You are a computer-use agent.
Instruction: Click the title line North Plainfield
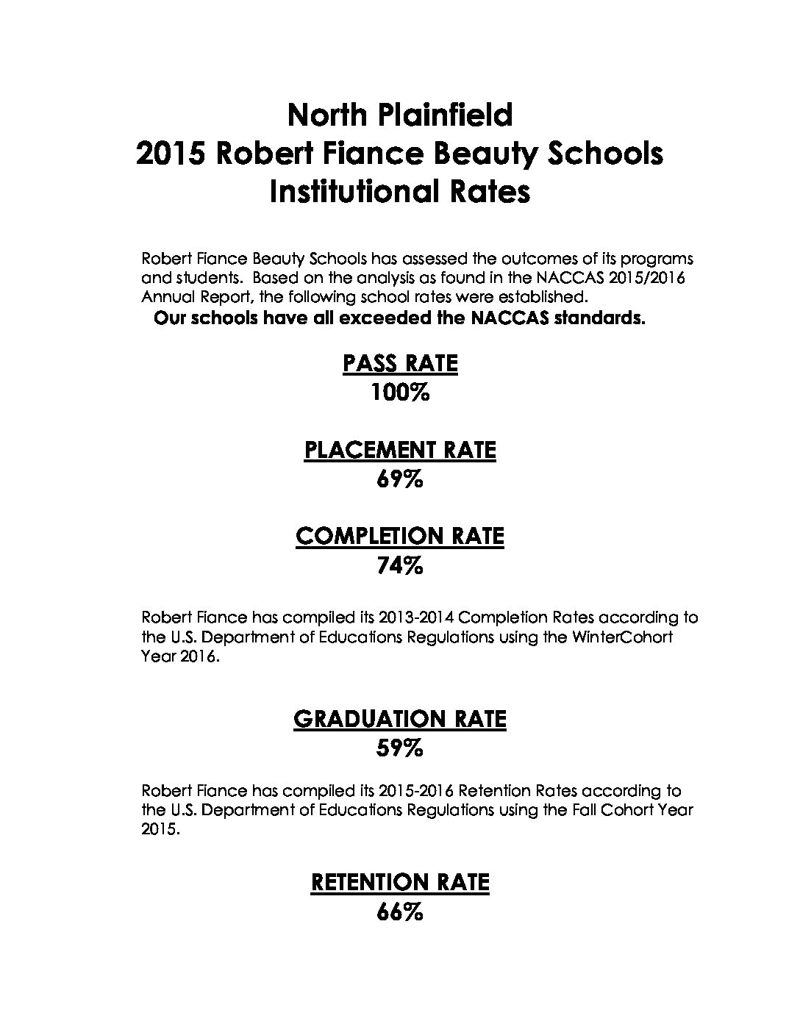[x=399, y=115]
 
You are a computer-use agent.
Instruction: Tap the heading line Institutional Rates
[x=399, y=192]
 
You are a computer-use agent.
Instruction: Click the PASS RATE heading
[x=400, y=364]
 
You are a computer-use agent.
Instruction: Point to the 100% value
[x=400, y=393]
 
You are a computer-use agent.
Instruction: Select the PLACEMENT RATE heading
[x=400, y=450]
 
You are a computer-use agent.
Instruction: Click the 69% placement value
[x=400, y=480]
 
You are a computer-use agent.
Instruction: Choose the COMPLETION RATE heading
[x=400, y=536]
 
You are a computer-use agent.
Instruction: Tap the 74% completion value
[x=400, y=566]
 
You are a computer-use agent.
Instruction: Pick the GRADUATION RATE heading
[x=400, y=719]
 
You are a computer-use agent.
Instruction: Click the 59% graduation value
[x=400, y=749]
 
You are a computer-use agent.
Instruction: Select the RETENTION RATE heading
[x=400, y=882]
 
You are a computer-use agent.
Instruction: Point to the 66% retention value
[x=400, y=912]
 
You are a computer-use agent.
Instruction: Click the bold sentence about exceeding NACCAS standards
[x=399, y=319]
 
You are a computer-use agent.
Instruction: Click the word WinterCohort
[x=621, y=637]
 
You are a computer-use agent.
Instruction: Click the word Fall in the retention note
[x=576, y=810]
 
